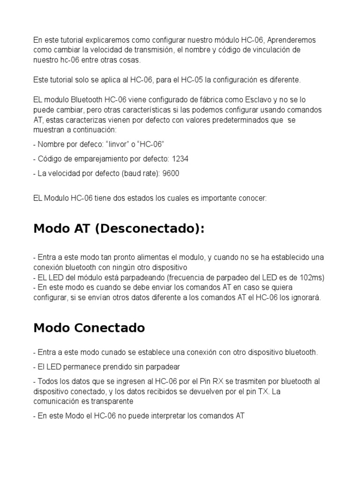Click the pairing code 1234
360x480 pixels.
pos(180,158)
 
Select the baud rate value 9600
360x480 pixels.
pos(171,173)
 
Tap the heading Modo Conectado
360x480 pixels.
pos(89,328)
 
